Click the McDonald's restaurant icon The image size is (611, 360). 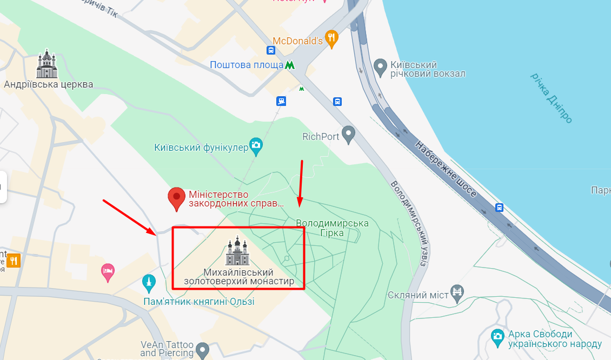tap(332, 38)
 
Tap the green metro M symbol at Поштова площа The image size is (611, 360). tap(290, 65)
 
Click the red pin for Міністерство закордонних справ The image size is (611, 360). tap(176, 198)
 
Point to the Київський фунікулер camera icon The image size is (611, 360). tap(256, 145)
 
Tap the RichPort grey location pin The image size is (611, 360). tap(349, 135)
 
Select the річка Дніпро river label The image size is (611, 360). tap(551, 97)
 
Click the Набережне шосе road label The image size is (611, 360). tap(446, 169)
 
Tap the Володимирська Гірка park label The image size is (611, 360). tap(332, 228)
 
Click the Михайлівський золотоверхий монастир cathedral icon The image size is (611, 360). tap(237, 251)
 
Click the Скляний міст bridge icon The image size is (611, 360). tap(457, 292)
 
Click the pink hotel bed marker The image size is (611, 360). tap(108, 271)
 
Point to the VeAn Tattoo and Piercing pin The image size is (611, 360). tap(202, 350)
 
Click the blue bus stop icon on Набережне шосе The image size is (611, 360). tap(499, 207)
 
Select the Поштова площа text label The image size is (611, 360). tap(247, 65)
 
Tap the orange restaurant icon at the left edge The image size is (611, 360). tap(13, 261)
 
